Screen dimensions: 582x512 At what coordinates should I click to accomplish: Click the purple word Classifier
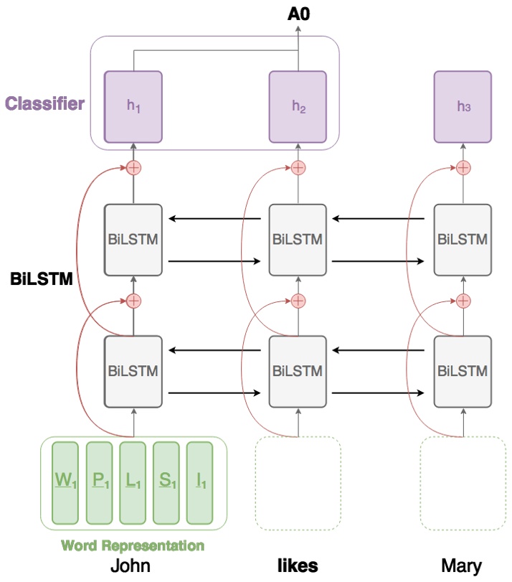pos(44,104)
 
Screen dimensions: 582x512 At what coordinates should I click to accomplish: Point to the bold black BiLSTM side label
pos(42,279)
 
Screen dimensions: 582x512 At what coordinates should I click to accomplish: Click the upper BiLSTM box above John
pos(133,240)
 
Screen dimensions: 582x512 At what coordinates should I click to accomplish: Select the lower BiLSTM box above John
pos(133,371)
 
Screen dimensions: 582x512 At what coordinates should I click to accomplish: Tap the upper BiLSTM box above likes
pos(298,240)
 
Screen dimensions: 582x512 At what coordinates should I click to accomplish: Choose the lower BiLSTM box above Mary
pos(463,371)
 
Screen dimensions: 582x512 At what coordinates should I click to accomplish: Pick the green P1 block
pos(100,482)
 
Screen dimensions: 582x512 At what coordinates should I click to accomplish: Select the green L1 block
pos(133,482)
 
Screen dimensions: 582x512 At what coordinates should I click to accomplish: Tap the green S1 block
pos(167,482)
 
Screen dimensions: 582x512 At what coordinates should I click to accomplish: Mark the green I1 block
pos(200,482)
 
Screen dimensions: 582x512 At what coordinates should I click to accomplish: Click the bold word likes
pos(298,565)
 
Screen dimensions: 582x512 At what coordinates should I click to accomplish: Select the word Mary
pos(463,565)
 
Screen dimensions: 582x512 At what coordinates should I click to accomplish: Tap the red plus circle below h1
pos(133,168)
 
